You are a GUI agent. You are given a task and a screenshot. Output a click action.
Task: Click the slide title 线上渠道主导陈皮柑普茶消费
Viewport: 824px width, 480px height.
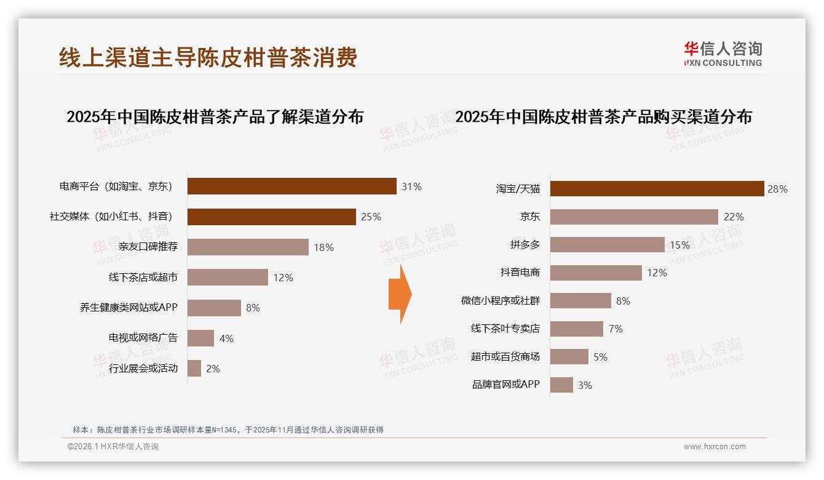[x=208, y=57]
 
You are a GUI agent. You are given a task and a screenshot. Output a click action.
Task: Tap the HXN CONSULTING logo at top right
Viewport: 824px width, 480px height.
[x=723, y=54]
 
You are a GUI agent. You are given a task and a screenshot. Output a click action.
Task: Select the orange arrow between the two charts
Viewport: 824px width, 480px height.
[x=400, y=294]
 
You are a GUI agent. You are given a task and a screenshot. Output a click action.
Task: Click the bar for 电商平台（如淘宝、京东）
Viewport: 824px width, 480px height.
[x=291, y=186]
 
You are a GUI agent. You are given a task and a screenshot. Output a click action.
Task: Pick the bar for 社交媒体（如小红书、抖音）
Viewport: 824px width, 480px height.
[x=271, y=217]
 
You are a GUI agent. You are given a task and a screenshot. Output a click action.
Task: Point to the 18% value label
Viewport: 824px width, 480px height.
[x=323, y=247]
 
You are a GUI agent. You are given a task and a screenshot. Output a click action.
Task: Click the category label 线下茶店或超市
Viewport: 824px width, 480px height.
[x=143, y=278]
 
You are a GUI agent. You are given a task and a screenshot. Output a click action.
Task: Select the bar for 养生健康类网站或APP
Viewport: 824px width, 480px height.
[x=214, y=308]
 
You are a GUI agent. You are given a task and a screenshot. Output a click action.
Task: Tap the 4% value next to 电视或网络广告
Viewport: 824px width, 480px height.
[x=226, y=338]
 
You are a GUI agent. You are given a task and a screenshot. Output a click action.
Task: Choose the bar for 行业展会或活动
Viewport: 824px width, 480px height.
[x=194, y=369]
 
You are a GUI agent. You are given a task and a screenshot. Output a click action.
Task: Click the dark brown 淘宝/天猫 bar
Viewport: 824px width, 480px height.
[x=657, y=189]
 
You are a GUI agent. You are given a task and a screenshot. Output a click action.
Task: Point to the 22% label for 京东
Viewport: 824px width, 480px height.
[x=734, y=217]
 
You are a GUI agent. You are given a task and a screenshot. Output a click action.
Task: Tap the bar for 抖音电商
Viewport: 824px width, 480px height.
[x=596, y=273]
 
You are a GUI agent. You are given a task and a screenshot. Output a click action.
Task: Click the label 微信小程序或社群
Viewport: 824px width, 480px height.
[x=500, y=301]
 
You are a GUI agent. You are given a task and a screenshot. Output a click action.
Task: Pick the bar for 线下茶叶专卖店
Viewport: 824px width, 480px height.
[x=577, y=329]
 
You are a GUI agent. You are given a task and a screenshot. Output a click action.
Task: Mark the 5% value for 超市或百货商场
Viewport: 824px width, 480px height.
[x=600, y=357]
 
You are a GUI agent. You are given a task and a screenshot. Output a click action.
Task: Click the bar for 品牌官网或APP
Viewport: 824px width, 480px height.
[x=561, y=385]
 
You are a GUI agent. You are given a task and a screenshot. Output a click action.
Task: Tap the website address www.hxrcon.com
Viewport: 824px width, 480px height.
[x=715, y=447]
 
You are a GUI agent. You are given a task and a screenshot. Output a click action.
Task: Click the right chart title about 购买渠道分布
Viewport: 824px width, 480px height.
[x=603, y=117]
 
